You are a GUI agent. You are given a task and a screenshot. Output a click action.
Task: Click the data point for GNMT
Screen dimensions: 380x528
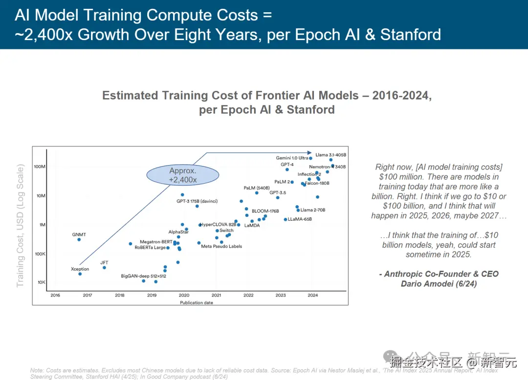pos(79,239)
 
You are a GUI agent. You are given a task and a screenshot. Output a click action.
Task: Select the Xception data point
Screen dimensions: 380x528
pos(80,274)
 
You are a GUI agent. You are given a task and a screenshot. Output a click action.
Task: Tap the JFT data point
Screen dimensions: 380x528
pos(104,268)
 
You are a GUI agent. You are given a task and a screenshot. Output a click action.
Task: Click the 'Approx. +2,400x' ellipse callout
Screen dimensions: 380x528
pos(183,175)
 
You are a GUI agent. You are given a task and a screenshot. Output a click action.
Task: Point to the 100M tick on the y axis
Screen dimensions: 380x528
pos(40,167)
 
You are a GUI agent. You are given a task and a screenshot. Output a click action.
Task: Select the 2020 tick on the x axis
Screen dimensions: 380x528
pos(184,295)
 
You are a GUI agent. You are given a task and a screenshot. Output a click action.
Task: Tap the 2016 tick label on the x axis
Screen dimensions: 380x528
pos(55,295)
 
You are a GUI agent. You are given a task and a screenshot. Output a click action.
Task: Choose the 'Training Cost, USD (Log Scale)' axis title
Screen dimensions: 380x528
pos(21,226)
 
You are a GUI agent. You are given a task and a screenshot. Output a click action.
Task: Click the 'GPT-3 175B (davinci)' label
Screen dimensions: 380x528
pos(197,201)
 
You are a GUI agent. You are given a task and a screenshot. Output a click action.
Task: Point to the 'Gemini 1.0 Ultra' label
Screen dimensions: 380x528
pos(292,158)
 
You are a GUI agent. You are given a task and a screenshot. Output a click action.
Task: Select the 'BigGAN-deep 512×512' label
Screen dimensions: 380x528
pos(144,276)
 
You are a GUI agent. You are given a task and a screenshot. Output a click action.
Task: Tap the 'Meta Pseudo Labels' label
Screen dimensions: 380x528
pos(221,246)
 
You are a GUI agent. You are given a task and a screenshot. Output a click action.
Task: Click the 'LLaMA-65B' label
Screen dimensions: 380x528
pos(300,219)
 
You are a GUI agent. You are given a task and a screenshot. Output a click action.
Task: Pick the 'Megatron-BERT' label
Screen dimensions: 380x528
pos(156,242)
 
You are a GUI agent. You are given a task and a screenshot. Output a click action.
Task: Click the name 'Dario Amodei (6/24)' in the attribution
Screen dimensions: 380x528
pos(439,284)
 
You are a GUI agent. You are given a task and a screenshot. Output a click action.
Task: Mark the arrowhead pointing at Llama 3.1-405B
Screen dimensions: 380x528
pos(309,153)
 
